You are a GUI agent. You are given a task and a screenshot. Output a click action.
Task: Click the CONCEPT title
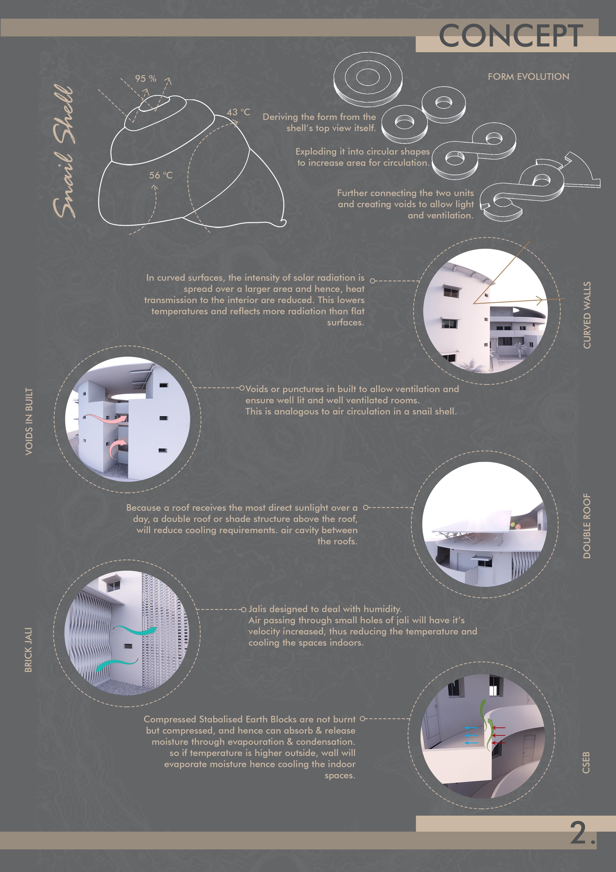511,35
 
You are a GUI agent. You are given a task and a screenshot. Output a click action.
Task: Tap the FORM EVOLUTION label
528,77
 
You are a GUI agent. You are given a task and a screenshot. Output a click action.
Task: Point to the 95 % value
146,78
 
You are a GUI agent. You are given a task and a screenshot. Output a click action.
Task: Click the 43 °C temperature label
238,112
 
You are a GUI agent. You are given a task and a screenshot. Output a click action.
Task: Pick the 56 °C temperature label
161,175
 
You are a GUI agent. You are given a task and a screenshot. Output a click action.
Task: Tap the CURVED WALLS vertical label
587,315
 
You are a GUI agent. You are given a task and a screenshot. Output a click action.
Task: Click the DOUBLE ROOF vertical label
587,526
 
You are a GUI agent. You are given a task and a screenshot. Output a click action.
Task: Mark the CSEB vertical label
586,762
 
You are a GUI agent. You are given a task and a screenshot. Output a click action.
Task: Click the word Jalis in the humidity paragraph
258,609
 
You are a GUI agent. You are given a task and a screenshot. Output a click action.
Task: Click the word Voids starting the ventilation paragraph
257,389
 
